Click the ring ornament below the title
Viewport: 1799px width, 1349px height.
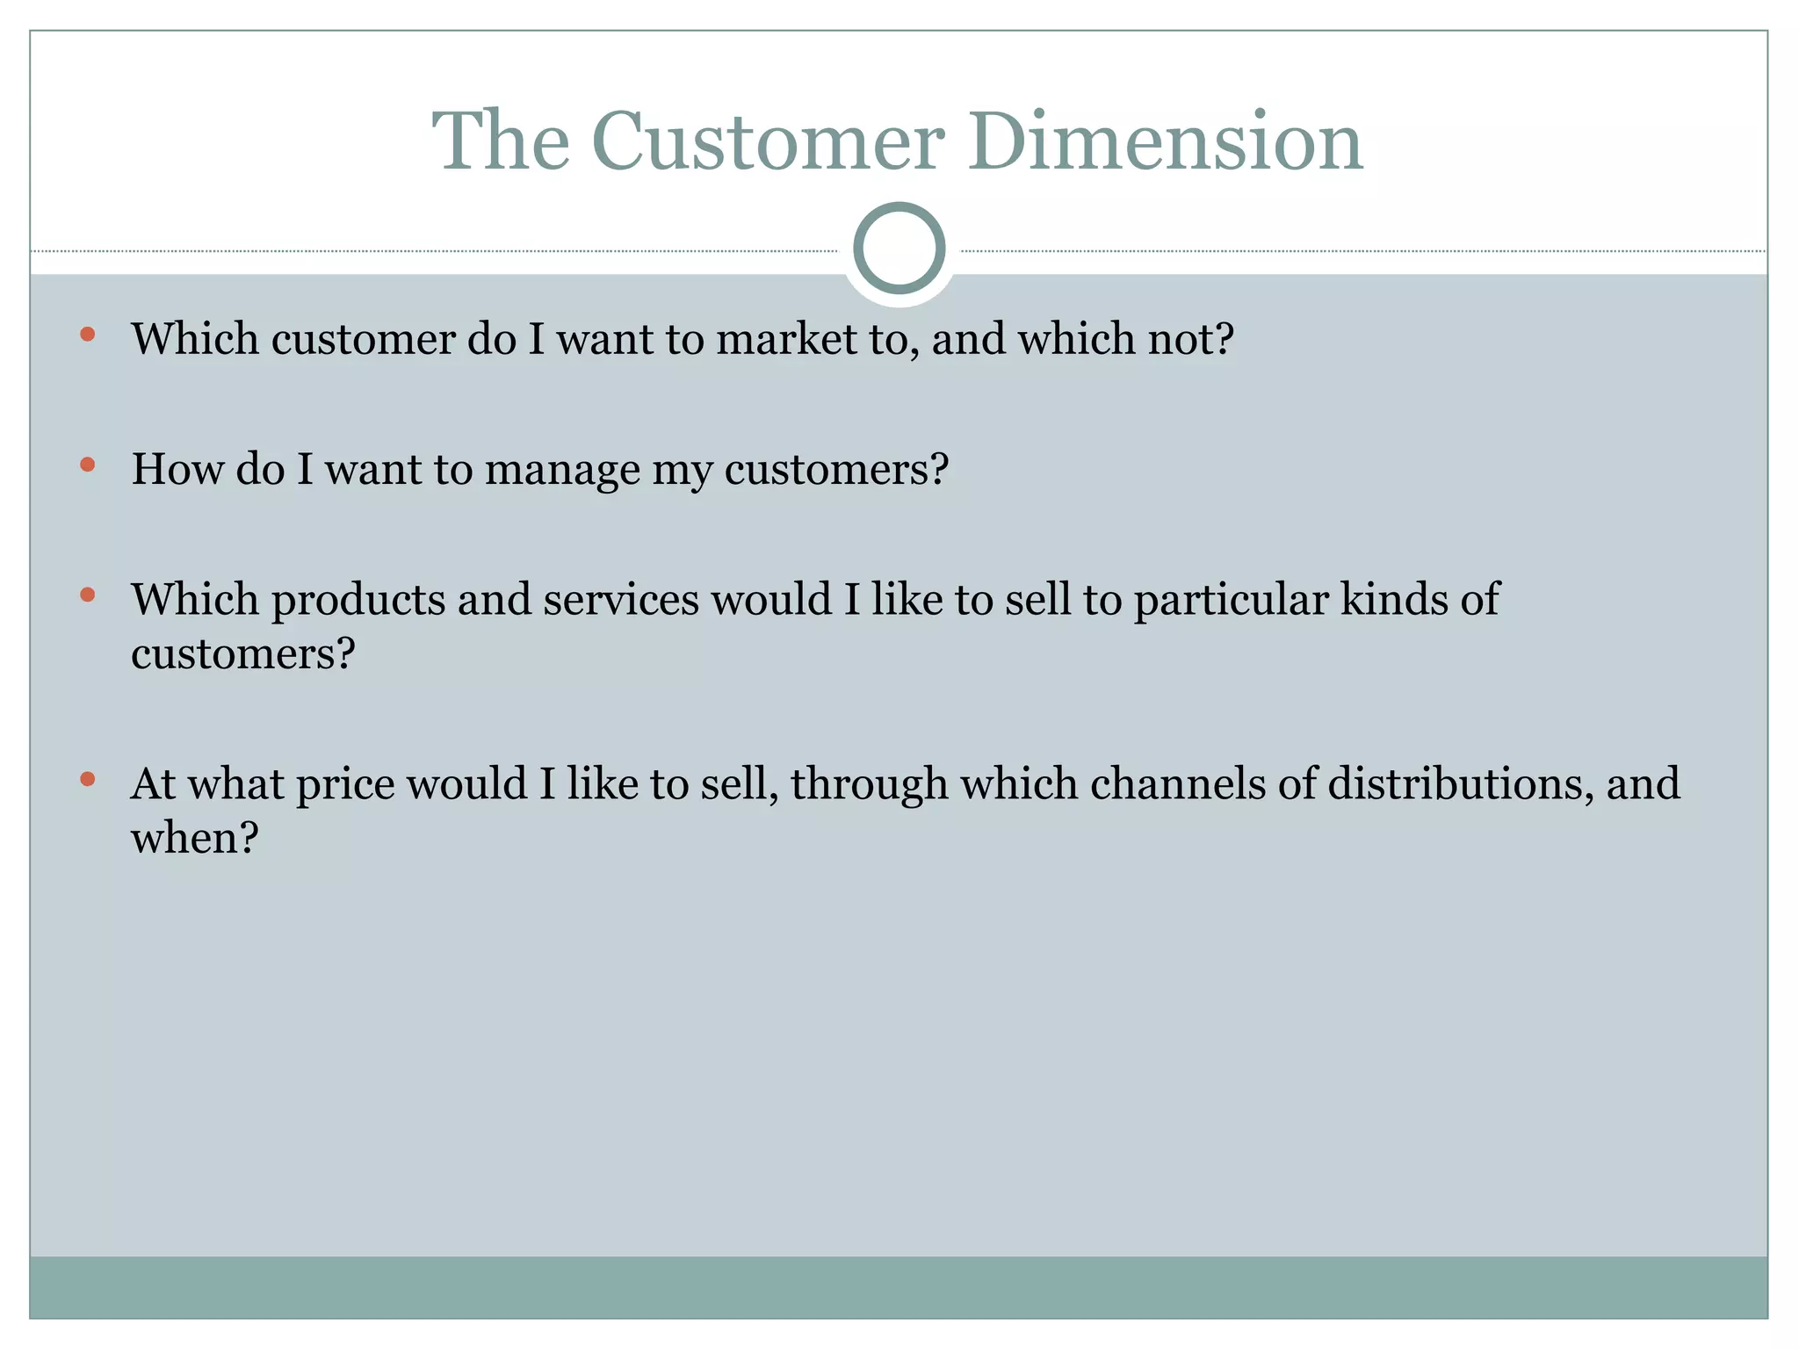(899, 248)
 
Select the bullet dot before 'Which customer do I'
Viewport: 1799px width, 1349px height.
(87, 334)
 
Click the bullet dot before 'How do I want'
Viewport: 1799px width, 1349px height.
(87, 464)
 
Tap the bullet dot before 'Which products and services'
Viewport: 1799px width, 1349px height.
(87, 595)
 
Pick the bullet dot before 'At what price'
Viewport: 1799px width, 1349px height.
(87, 778)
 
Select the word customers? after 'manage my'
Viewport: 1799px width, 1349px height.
(836, 469)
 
